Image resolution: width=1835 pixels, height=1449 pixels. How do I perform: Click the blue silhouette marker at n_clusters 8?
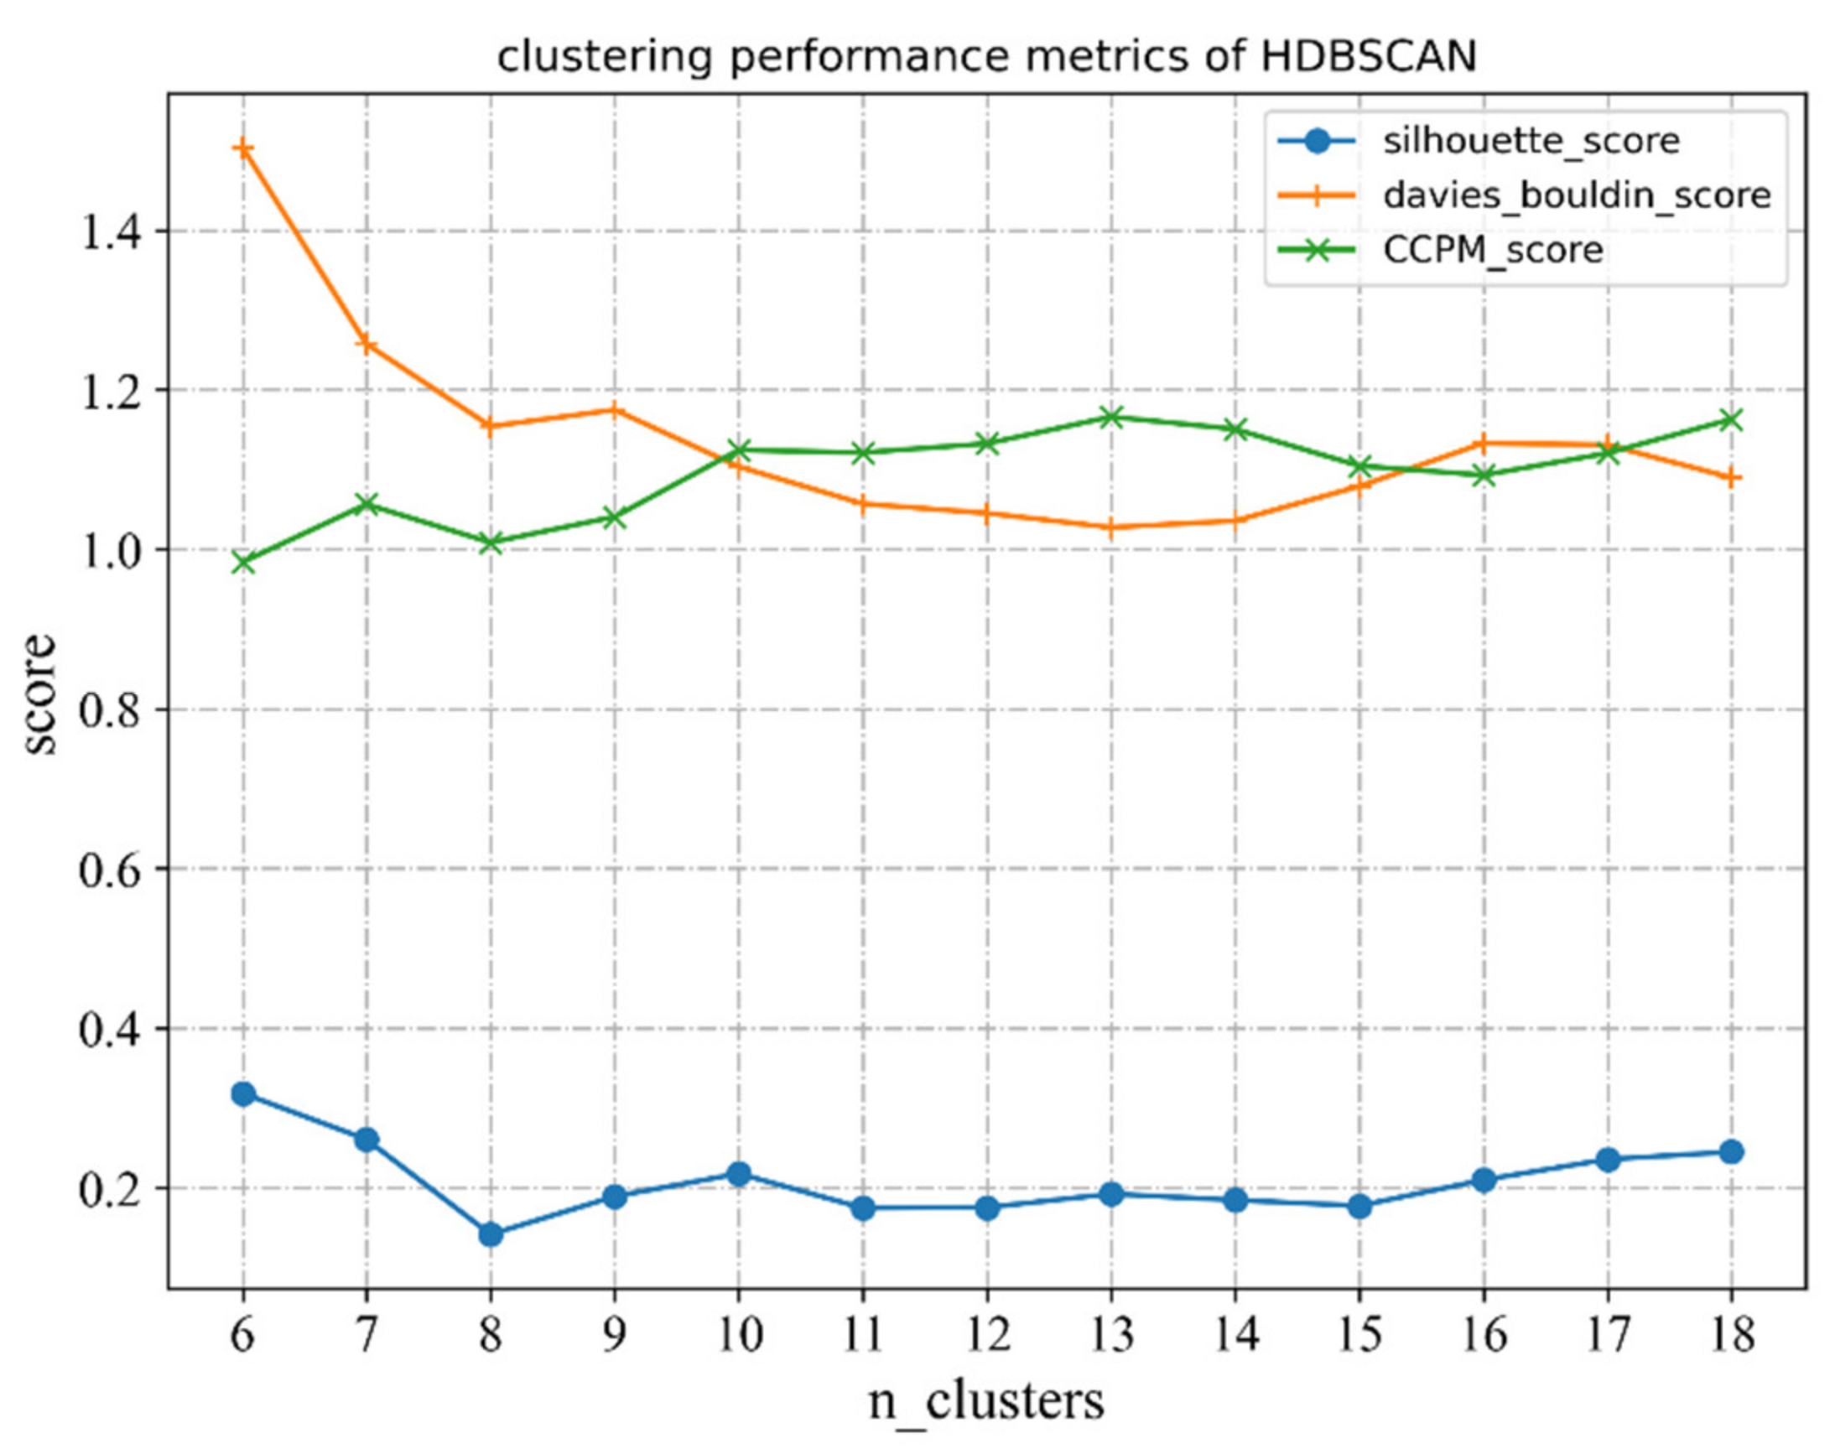491,1234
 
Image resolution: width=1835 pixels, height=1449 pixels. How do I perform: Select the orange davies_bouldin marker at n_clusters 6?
242,149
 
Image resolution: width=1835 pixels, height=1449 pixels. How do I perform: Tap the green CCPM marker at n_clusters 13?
1110,417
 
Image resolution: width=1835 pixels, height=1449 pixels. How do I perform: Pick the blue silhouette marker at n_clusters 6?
242,1093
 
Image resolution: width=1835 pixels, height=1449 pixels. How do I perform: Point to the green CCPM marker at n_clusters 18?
1731,420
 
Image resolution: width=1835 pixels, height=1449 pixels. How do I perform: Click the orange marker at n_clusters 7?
366,345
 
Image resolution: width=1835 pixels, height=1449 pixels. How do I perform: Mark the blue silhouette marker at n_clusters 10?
738,1174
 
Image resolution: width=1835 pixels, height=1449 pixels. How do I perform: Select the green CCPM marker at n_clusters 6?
242,562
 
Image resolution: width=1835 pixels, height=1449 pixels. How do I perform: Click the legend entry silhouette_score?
1531,141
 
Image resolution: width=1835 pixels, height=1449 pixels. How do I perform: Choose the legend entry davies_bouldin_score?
1576,196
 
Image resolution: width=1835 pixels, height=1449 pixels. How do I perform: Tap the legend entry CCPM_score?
1493,250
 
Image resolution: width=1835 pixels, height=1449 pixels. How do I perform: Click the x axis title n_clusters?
985,1401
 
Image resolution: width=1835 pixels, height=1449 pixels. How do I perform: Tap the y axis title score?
39,694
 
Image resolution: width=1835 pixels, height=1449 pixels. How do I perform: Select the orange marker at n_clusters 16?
1483,443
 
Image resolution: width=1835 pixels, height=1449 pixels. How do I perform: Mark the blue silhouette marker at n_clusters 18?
1731,1152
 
